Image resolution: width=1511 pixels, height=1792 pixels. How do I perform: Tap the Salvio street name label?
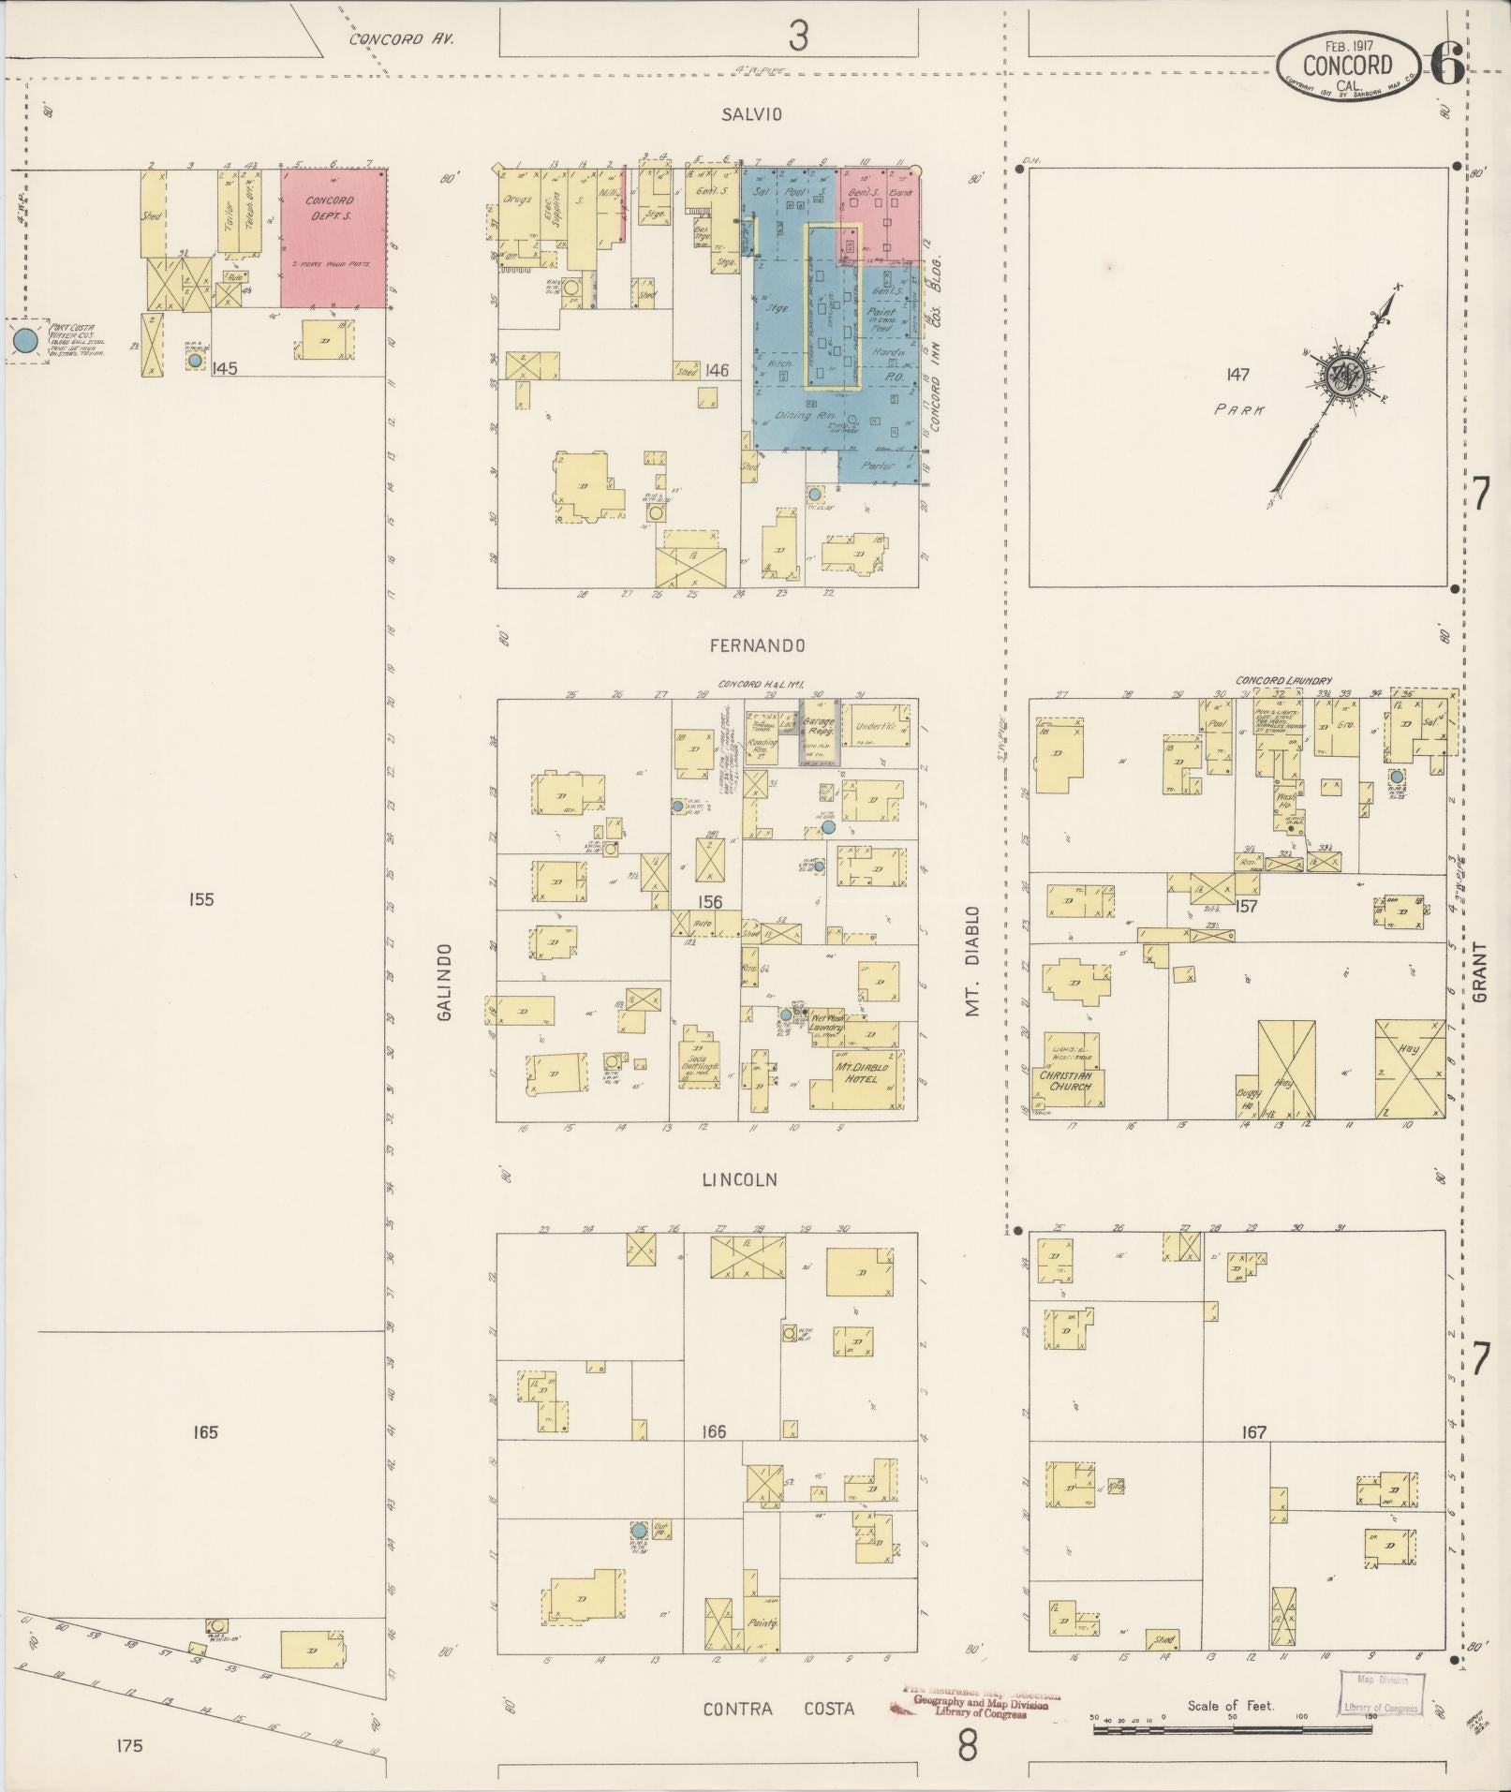751,114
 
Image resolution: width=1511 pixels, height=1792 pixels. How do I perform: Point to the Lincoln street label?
740,1179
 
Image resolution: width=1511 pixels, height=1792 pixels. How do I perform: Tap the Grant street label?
1479,972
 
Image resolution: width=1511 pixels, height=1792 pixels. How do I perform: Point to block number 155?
200,900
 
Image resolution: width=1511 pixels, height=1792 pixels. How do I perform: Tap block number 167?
1253,1432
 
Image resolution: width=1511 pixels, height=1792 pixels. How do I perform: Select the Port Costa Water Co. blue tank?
26,340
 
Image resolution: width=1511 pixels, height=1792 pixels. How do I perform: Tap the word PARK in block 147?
1237,409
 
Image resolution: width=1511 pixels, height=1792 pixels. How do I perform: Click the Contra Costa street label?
779,1709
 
